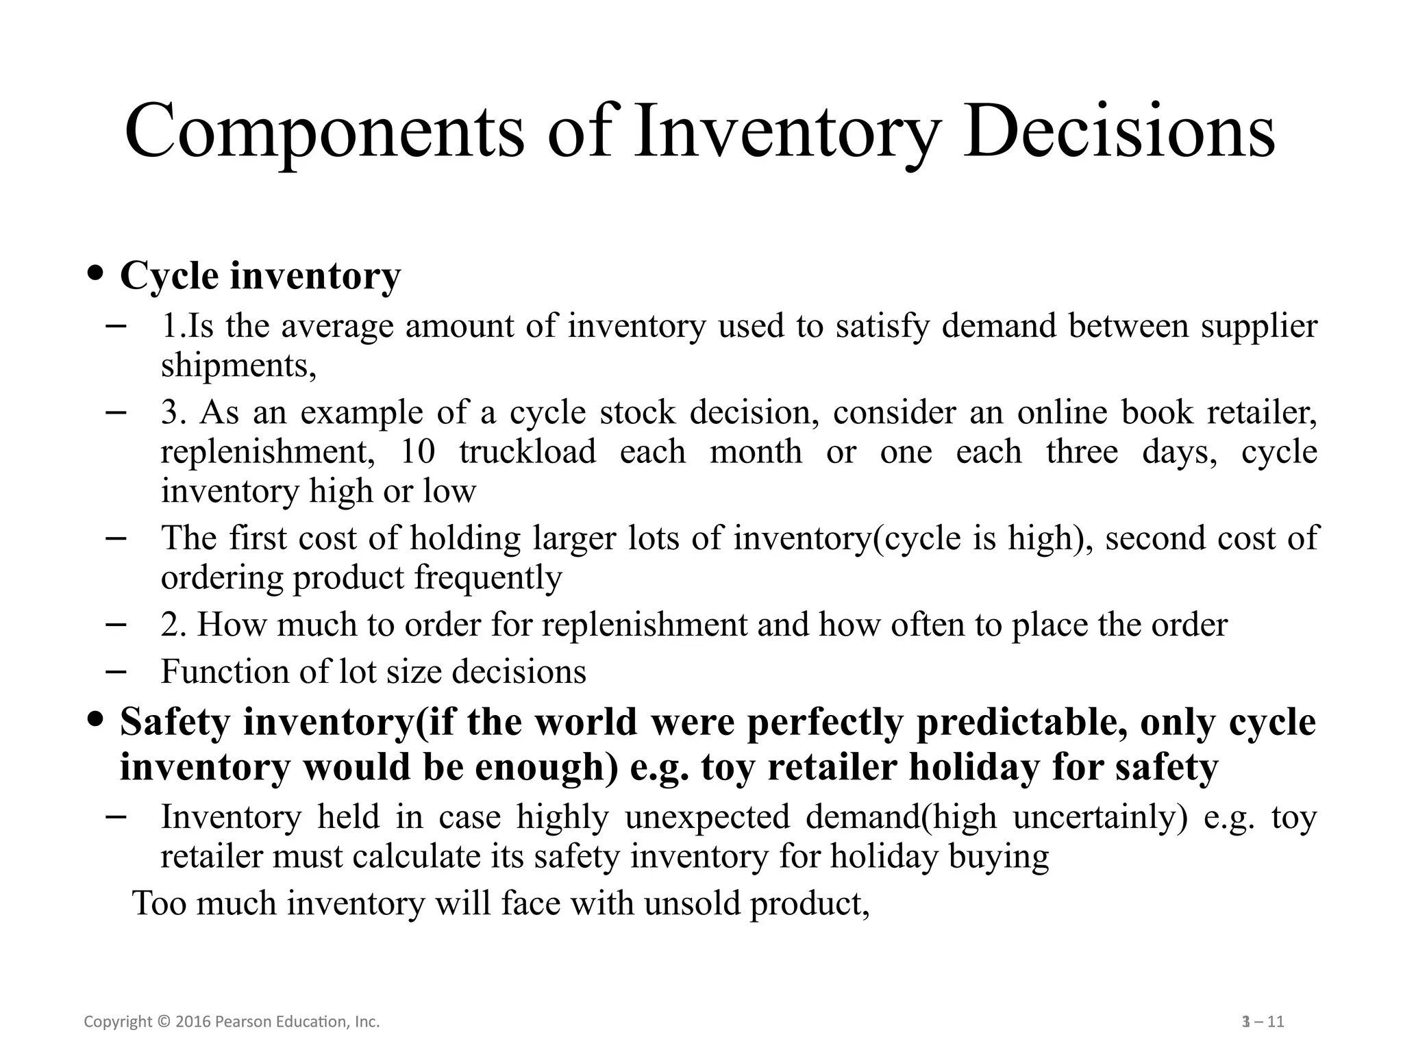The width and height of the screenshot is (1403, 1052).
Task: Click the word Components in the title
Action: coord(324,131)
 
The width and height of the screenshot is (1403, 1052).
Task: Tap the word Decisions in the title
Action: coord(1119,131)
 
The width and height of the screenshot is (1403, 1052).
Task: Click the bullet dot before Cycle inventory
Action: coord(97,273)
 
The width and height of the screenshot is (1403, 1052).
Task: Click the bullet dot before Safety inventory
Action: coord(97,720)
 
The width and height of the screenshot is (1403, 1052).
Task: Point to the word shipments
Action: coord(238,365)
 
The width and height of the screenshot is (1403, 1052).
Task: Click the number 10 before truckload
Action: coord(417,452)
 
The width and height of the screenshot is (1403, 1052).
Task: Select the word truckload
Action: coord(527,452)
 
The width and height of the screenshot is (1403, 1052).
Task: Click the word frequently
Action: coord(488,577)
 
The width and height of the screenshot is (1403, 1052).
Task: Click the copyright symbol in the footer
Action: coord(163,1023)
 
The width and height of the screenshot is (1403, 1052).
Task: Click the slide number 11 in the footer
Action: coord(1275,1023)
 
